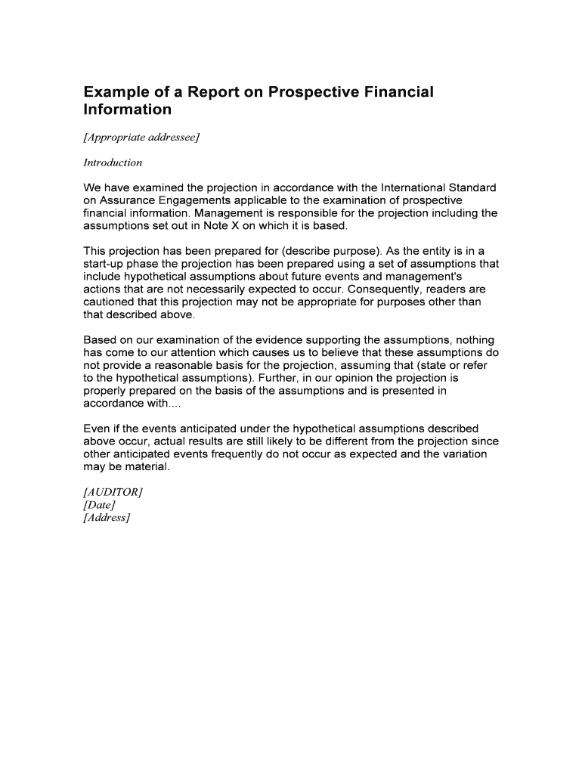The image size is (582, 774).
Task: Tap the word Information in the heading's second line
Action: pos(128,110)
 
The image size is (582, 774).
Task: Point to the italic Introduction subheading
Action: pos(113,163)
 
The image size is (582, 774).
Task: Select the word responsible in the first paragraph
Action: pos(324,213)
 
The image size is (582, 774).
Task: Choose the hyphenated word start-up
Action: pos(105,264)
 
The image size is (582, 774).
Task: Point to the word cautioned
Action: pos(111,302)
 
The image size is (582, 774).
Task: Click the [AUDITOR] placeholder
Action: pos(113,492)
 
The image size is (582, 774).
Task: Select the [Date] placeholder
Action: pos(99,505)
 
